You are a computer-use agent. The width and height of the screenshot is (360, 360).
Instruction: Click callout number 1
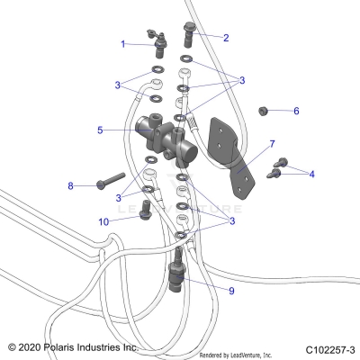123,43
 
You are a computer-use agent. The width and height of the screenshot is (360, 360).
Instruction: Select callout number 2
226,38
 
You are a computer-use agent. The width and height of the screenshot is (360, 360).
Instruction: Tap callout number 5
100,130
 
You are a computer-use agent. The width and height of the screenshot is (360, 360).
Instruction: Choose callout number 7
272,143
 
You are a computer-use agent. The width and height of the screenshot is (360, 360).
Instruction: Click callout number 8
70,185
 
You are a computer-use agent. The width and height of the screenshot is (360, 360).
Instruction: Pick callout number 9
231,291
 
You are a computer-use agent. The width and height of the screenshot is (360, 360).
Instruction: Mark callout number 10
104,220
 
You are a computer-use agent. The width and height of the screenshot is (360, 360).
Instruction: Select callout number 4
312,174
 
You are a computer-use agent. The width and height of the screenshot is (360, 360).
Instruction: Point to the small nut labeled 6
264,112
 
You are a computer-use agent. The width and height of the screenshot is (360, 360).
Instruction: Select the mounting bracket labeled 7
231,154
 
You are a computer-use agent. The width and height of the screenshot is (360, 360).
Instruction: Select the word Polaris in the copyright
66,346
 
